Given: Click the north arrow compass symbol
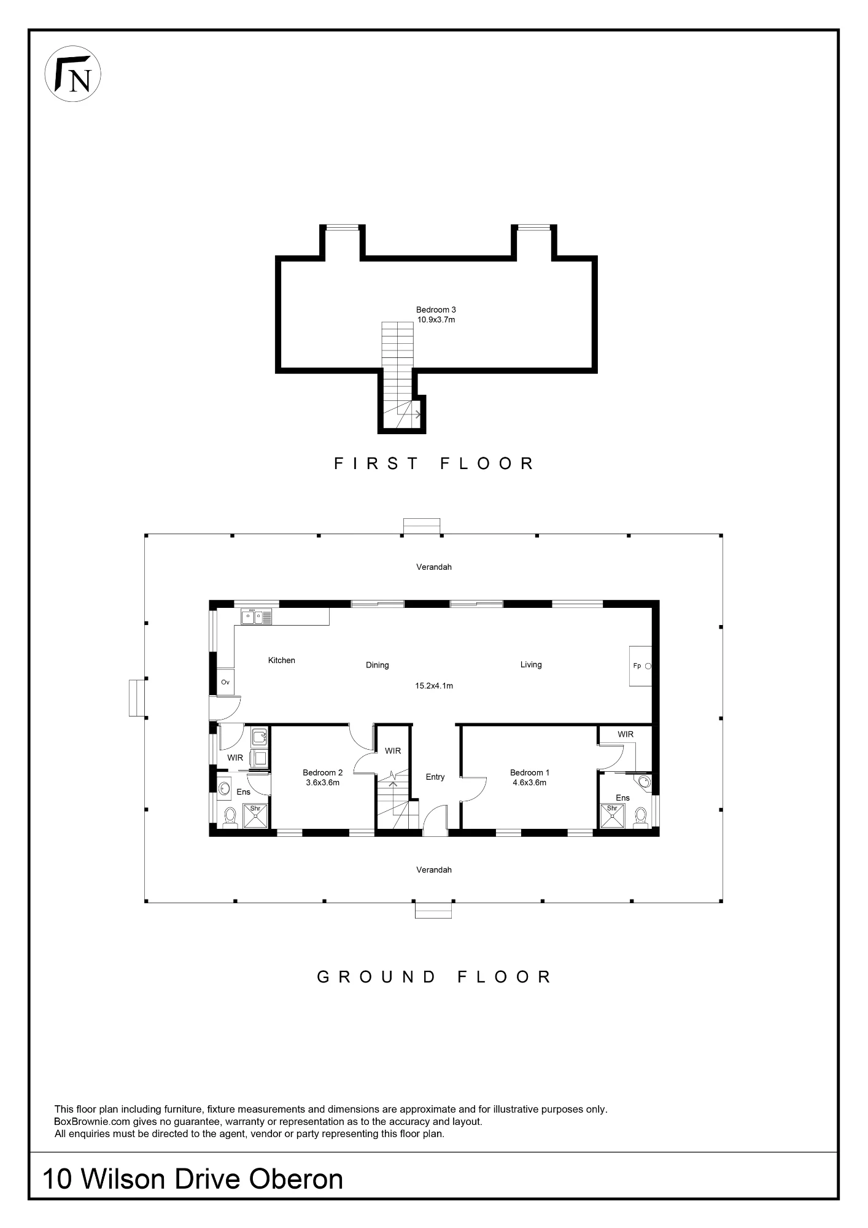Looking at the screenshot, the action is tap(73, 74).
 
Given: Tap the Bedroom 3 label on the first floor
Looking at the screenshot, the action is tap(436, 310).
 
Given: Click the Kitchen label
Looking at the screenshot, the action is tap(282, 660).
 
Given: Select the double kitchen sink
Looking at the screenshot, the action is tap(257, 616).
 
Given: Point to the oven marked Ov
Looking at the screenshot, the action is tap(225, 682).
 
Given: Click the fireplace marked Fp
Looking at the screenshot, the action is tap(640, 666).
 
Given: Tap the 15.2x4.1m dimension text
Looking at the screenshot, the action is tap(434, 686).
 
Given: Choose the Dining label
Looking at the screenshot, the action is tap(378, 665).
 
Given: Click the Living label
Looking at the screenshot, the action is tap(531, 664).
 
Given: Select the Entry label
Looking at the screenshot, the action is tap(435, 777).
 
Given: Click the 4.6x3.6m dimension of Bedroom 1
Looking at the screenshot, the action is tap(529, 783).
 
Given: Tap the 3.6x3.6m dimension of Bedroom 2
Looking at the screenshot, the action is tap(323, 783).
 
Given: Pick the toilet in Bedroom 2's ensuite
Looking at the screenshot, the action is tap(230, 818).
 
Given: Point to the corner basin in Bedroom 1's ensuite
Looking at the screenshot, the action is tap(644, 781).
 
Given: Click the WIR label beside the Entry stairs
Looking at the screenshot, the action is tap(393, 751).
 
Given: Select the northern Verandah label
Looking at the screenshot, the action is tap(434, 567).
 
